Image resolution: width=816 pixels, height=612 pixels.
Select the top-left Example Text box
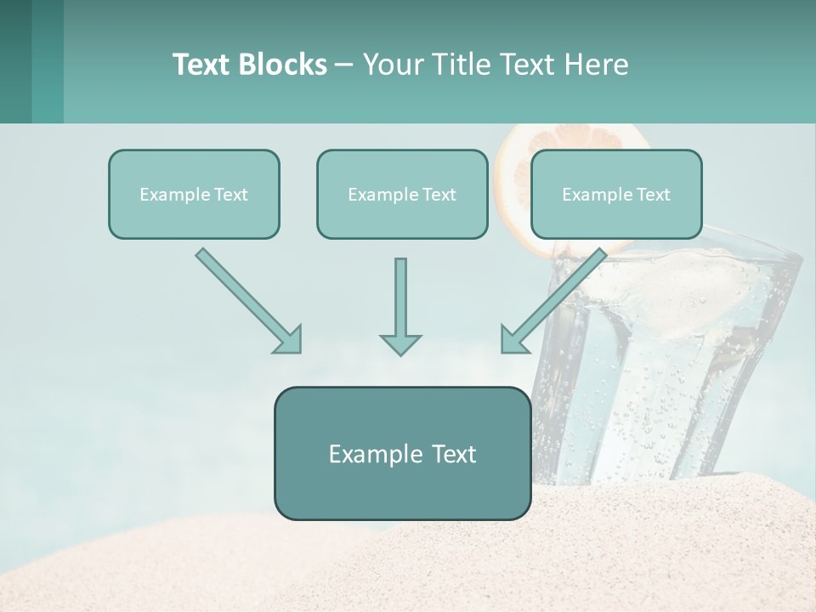(194, 194)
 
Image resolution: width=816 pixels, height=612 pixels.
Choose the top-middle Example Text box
(402, 194)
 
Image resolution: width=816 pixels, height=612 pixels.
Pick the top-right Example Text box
(616, 194)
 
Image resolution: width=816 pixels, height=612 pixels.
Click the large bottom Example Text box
(402, 453)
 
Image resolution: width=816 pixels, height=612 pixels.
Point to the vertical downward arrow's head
(400, 344)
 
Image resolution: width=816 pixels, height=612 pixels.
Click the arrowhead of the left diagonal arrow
(289, 340)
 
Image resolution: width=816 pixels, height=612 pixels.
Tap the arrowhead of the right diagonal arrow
(513, 340)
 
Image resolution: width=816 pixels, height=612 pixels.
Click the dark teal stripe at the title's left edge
(15, 61)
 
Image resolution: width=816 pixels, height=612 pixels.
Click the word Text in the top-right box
(653, 195)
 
